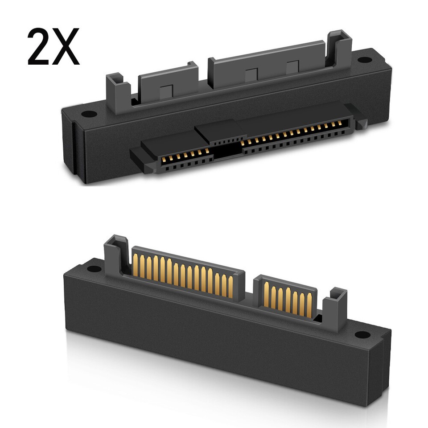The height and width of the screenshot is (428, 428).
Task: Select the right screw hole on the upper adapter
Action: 364,60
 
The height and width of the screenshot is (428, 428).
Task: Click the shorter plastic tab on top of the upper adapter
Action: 168,82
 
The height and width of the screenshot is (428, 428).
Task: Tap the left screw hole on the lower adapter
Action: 94,268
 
